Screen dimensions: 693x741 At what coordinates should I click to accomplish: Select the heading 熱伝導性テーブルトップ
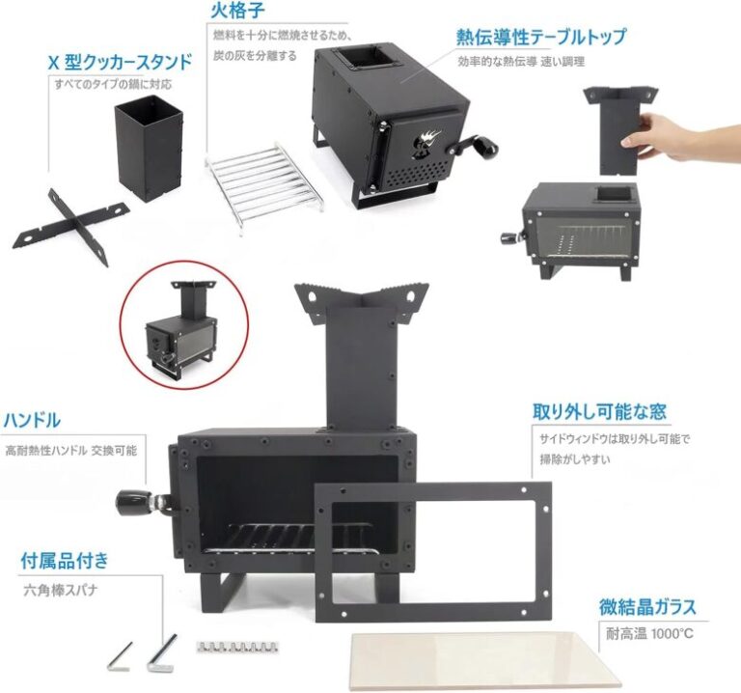pyautogui.click(x=541, y=38)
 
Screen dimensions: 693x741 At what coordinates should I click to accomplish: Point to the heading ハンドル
pyautogui.click(x=33, y=421)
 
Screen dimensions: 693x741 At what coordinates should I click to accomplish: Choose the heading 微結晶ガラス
pyautogui.click(x=647, y=608)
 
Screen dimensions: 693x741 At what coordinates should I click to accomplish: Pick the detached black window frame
pyautogui.click(x=433, y=545)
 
